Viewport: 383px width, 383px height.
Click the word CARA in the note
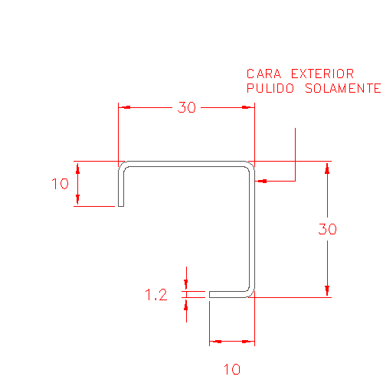tap(264, 74)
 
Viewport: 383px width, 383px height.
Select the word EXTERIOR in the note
tap(322, 74)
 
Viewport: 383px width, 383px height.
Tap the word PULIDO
tap(270, 88)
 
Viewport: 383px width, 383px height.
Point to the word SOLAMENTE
tap(343, 88)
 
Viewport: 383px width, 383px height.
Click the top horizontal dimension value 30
tap(187, 107)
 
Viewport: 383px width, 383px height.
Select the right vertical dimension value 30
tap(327, 229)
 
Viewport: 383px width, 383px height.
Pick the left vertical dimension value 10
tap(60, 184)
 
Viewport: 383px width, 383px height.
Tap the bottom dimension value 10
tap(232, 369)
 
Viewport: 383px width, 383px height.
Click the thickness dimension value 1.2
tap(156, 295)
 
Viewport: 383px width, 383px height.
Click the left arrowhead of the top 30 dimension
tap(124, 107)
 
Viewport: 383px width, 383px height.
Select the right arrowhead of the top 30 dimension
tap(248, 107)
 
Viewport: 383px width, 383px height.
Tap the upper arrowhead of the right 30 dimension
tap(327, 168)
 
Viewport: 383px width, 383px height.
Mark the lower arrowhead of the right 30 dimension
tap(327, 291)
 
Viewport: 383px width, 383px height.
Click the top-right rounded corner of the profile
tap(251, 165)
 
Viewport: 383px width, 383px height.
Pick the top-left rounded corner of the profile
tap(123, 165)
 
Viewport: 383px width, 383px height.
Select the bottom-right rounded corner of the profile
tap(251, 293)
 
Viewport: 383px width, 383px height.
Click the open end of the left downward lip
tap(121, 206)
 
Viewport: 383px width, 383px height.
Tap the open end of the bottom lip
tap(210, 294)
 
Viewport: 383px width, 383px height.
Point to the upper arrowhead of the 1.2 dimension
tap(186, 285)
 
